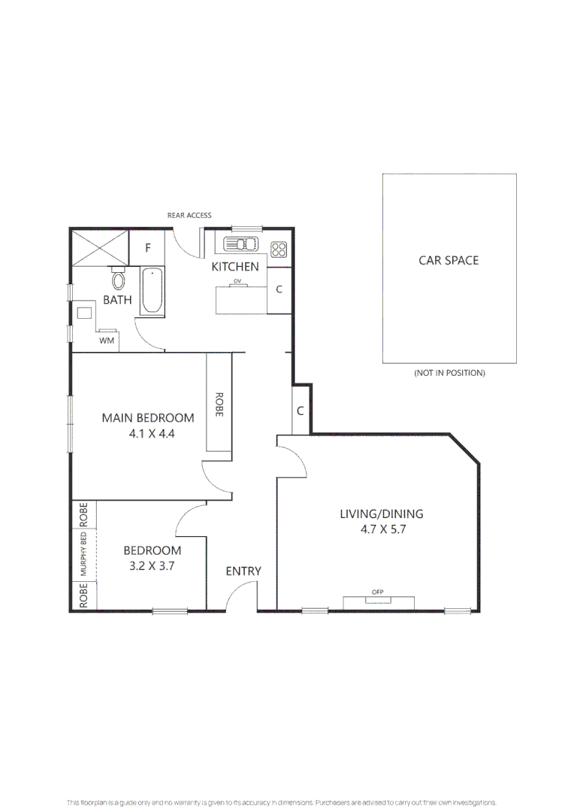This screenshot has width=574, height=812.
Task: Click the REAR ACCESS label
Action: pyautogui.click(x=189, y=215)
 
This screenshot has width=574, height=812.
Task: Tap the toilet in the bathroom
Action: pyautogui.click(x=118, y=280)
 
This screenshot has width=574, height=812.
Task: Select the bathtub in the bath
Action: pyautogui.click(x=153, y=291)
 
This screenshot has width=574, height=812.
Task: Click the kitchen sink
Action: pyautogui.click(x=240, y=244)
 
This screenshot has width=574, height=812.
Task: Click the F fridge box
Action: pyautogui.click(x=148, y=247)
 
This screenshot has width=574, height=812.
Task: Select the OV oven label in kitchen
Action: pyautogui.click(x=237, y=281)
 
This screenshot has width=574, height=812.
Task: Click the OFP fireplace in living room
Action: pyautogui.click(x=378, y=592)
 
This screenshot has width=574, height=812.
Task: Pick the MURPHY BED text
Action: pyautogui.click(x=84, y=553)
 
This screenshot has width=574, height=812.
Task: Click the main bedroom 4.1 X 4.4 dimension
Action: pyautogui.click(x=148, y=433)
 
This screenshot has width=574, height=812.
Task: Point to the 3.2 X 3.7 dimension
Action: pyautogui.click(x=152, y=566)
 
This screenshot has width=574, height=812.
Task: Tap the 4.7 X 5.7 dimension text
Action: pyautogui.click(x=382, y=529)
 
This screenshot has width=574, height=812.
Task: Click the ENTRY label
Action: pyautogui.click(x=243, y=571)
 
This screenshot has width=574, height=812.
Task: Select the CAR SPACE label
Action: pyautogui.click(x=449, y=260)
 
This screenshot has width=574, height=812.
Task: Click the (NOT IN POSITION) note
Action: pyautogui.click(x=449, y=373)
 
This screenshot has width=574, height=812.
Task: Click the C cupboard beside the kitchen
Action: pyautogui.click(x=279, y=289)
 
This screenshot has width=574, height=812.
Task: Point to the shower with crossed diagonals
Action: pyautogui.click(x=101, y=247)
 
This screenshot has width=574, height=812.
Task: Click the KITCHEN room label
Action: pyautogui.click(x=234, y=267)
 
